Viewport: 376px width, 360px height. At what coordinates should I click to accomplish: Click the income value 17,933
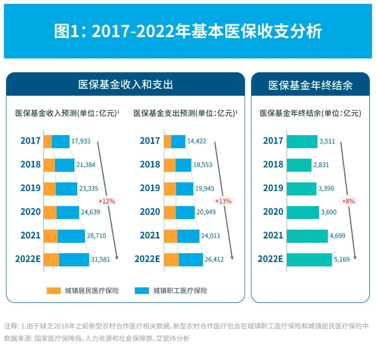click(x=81, y=141)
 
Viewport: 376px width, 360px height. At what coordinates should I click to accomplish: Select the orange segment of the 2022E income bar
click(x=52, y=260)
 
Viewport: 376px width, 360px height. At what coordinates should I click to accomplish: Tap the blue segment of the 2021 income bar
click(x=71, y=236)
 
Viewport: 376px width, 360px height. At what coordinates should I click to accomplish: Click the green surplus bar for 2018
click(x=299, y=165)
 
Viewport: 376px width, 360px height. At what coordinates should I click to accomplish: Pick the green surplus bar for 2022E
click(x=309, y=260)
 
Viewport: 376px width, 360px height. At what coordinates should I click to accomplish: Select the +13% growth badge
click(x=223, y=201)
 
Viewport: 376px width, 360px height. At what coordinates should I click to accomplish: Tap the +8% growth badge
click(x=348, y=201)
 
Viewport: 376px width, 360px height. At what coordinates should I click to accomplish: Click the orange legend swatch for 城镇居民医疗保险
click(x=54, y=290)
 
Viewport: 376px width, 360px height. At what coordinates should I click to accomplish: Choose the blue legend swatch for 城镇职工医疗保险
click(x=142, y=290)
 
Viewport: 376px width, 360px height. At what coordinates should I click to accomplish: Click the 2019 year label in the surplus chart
click(x=273, y=188)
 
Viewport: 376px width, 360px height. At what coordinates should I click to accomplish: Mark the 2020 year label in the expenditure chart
click(x=150, y=212)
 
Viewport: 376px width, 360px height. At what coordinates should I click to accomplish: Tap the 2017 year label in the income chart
click(x=31, y=141)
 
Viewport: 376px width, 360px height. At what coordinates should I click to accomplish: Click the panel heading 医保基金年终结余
click(x=310, y=85)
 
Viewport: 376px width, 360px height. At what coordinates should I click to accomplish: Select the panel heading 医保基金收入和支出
click(x=125, y=85)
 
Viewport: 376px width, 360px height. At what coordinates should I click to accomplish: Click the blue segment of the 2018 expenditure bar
click(x=183, y=165)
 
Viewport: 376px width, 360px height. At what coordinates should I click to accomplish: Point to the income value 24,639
click(x=91, y=212)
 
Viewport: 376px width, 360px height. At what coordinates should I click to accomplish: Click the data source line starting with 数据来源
click(x=97, y=338)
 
